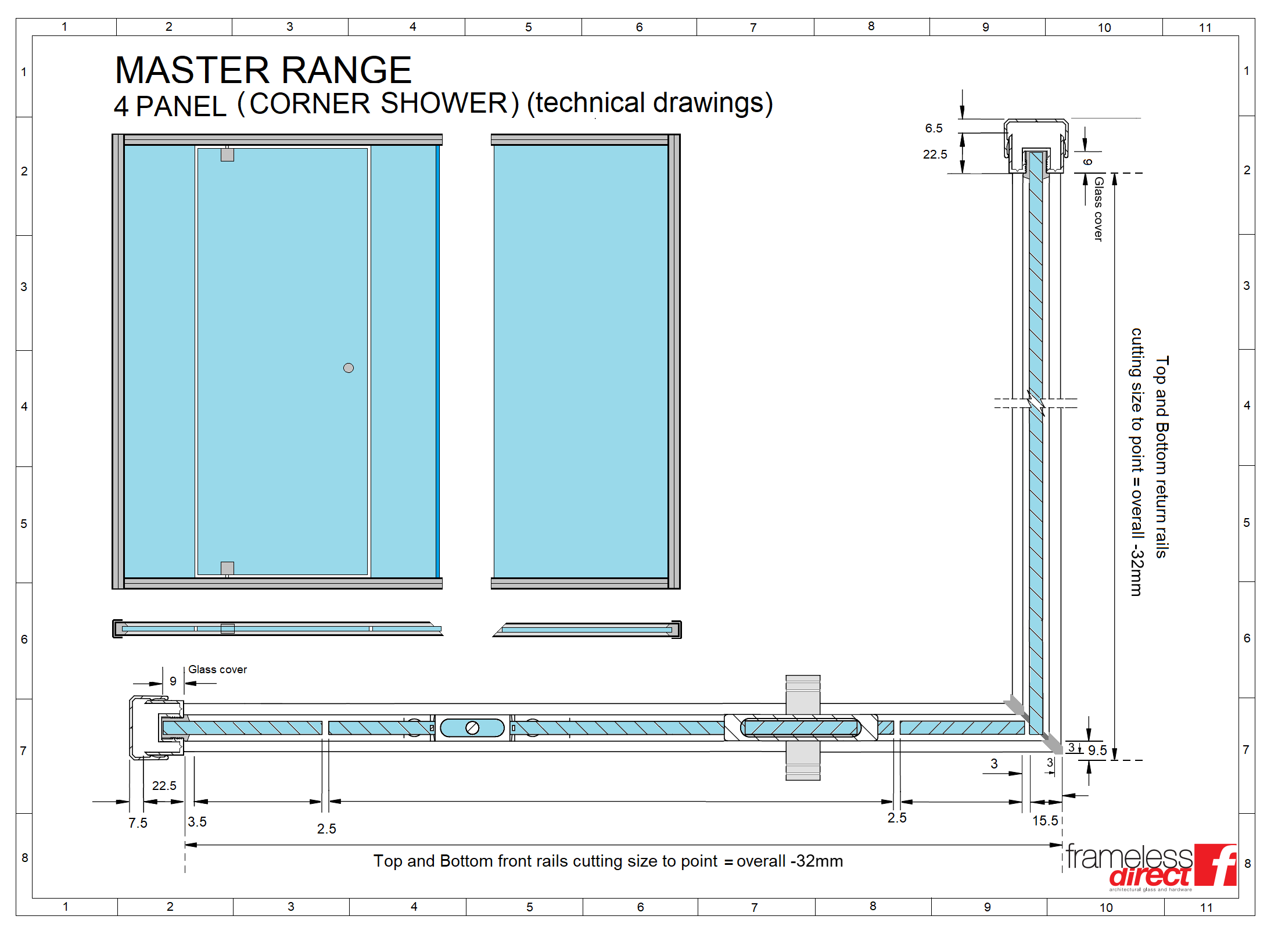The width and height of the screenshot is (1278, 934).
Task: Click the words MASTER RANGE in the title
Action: pos(263,70)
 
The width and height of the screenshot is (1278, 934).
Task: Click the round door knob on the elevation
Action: pos(349,368)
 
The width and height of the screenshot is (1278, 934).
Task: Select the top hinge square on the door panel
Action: pos(228,155)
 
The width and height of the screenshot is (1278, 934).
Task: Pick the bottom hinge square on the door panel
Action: pos(228,568)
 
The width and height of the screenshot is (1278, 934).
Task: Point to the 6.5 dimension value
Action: pos(934,128)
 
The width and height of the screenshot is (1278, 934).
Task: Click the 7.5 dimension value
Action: pos(138,823)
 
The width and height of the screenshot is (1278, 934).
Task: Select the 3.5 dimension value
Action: pos(198,822)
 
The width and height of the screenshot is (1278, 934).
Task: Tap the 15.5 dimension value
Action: pos(1045,821)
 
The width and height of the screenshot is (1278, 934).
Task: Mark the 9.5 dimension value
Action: pos(1097,750)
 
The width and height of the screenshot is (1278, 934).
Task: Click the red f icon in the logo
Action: pos(1215,865)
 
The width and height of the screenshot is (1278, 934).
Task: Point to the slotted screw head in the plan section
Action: pos(472,728)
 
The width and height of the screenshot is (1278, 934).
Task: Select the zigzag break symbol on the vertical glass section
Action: pos(1036,403)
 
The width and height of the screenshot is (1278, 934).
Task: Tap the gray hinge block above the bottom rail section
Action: pos(803,695)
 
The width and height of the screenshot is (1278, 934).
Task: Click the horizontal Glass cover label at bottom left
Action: pos(218,670)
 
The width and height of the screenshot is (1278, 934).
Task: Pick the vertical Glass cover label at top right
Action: pos(1098,209)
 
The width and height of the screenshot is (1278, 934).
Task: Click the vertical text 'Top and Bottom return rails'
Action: pos(1161,457)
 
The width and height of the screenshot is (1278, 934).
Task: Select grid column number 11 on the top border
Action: pos(1205,28)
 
